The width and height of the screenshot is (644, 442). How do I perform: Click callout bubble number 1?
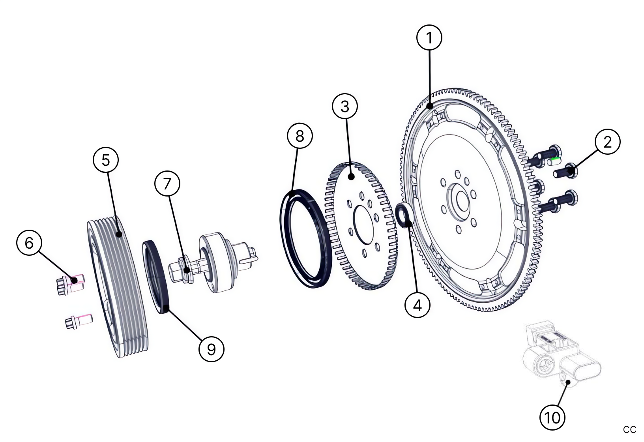(x=429, y=37)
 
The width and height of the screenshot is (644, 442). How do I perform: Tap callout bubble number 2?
(x=607, y=142)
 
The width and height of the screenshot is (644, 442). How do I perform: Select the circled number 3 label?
(x=345, y=106)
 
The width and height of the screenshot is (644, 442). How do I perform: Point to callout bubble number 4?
(x=417, y=305)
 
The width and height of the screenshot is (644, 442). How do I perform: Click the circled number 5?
(x=106, y=160)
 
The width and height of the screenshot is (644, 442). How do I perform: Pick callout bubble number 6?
(x=29, y=243)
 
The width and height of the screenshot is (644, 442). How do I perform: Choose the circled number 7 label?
(x=167, y=184)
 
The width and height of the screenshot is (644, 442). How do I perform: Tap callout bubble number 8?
(x=300, y=136)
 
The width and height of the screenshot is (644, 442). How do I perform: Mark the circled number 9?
(x=212, y=349)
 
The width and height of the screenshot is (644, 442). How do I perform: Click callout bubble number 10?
(x=552, y=417)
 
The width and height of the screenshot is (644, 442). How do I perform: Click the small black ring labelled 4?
(x=404, y=215)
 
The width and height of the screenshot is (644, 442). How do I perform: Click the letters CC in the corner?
(x=629, y=429)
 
